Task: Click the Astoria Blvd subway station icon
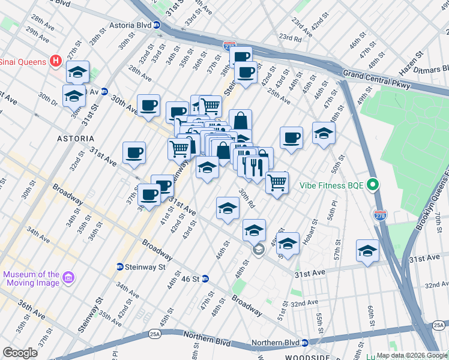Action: click(156, 25)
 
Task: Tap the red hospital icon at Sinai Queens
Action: click(56, 61)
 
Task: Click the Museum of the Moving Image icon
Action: click(68, 277)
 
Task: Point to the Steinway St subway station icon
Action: click(120, 266)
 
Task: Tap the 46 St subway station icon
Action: click(205, 278)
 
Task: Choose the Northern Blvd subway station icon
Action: click(304, 343)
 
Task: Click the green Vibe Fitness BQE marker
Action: click(372, 185)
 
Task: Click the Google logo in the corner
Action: click(20, 353)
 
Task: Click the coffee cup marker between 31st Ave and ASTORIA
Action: click(134, 151)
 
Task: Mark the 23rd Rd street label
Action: click(289, 38)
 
